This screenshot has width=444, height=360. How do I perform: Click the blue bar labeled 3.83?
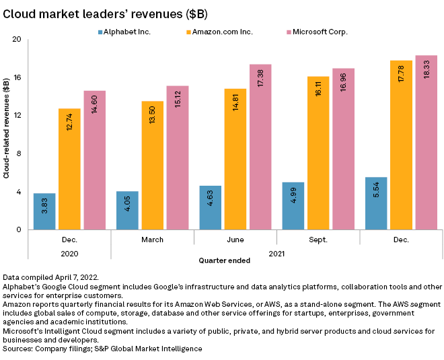click(44, 211)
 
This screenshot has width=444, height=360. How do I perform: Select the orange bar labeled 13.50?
click(152, 166)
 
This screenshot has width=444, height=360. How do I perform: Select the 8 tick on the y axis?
click(19, 153)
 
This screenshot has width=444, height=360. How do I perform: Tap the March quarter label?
click(152, 239)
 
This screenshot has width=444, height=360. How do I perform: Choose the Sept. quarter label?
click(318, 239)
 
